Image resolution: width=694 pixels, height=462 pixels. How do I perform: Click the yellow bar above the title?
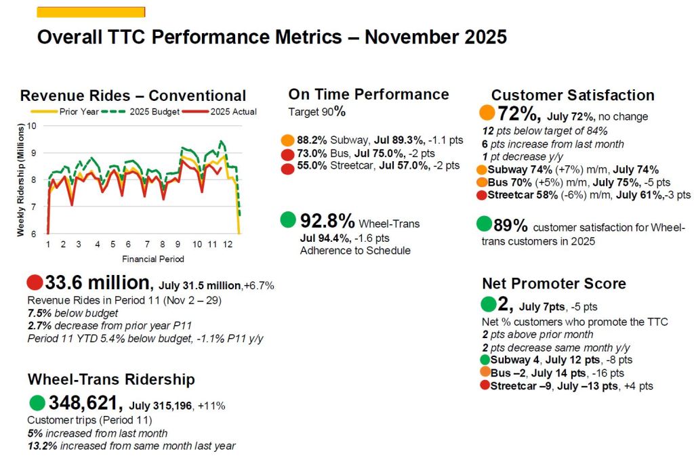click(90, 12)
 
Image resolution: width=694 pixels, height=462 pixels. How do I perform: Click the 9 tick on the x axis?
click(178, 244)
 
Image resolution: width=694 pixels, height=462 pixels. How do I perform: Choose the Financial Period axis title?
click(152, 259)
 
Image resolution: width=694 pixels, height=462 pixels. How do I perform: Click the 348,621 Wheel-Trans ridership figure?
click(85, 404)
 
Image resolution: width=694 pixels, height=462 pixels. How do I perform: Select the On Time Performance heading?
click(369, 95)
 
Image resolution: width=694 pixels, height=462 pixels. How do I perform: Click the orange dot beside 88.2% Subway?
click(287, 141)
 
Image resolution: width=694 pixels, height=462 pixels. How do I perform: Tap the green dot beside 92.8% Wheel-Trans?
click(288, 220)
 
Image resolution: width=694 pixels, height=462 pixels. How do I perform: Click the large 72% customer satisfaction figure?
click(518, 114)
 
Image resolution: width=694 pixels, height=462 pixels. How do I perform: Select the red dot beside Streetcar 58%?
click(481, 195)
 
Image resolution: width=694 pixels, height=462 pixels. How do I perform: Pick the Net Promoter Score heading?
click(554, 283)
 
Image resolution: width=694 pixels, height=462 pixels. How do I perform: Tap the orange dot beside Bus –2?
click(485, 373)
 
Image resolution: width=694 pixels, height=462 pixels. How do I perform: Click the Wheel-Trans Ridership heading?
click(111, 379)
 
